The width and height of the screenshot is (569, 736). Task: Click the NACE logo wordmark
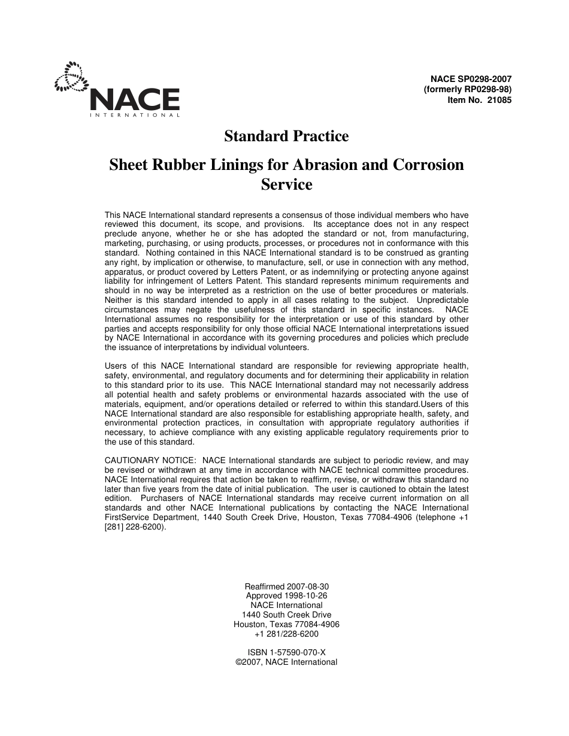pos(135,99)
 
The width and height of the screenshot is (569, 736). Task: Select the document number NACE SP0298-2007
pos(471,79)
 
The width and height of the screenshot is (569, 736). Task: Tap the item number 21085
pos(500,101)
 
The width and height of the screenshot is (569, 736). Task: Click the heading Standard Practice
pos(286,136)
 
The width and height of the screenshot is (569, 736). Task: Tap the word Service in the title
pos(286,184)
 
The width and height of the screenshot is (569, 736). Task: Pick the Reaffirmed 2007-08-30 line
pos(286,586)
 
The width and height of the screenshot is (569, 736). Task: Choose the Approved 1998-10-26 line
pos(286,596)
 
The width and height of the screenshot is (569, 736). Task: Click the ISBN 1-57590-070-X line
pos(286,652)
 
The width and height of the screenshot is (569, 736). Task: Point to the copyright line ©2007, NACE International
pos(286,662)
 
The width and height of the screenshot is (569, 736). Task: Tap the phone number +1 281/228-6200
pos(286,634)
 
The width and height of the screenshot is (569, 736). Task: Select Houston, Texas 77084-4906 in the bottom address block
pos(286,624)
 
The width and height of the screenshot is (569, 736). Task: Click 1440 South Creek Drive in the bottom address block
pos(286,615)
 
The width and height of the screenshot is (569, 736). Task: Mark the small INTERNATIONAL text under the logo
pos(134,115)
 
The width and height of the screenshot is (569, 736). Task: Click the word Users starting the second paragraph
pos(116,366)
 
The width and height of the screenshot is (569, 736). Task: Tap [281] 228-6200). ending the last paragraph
pos(135,527)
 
